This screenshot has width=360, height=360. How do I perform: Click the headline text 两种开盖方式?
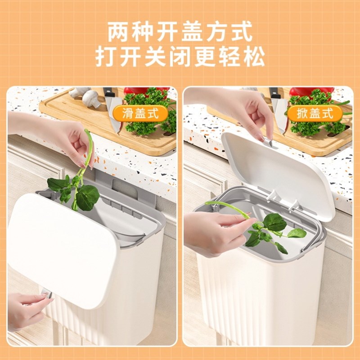(180, 33)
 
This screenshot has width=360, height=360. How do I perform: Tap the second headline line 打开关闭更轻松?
(180, 57)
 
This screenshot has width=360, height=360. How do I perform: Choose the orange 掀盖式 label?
(315, 113)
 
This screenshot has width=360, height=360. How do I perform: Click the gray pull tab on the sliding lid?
(46, 295)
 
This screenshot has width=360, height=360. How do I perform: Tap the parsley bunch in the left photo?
(148, 110)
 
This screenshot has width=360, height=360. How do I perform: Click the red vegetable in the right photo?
(310, 91)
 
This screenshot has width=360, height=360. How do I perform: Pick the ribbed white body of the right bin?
(261, 292)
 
